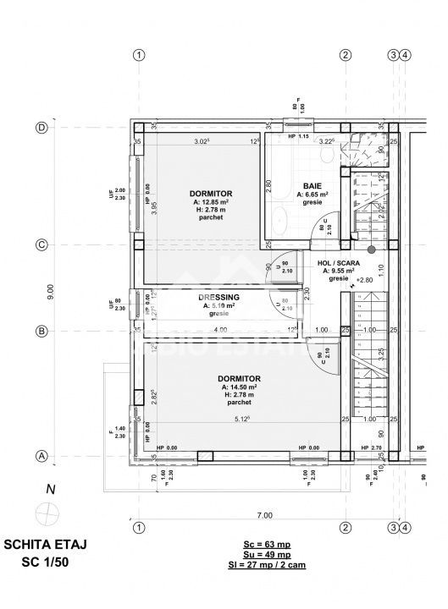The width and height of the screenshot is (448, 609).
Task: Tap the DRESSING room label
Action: (218, 297)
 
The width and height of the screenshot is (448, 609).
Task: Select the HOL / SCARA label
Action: (337, 263)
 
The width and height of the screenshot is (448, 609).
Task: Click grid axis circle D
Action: (40, 128)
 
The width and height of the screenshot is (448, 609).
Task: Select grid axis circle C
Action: (40, 246)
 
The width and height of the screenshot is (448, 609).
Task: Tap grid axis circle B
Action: (40, 331)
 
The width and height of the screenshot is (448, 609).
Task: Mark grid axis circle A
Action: (40, 457)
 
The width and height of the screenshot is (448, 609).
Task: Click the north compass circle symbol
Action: (46, 512)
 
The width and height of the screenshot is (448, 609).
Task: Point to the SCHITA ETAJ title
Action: (46, 546)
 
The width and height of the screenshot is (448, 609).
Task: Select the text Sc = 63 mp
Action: (265, 546)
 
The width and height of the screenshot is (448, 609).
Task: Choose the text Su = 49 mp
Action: (265, 555)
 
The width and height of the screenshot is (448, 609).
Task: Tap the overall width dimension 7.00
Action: (265, 514)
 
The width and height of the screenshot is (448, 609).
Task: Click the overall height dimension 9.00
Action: (50, 292)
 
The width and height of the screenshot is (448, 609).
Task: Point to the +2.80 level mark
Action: (364, 279)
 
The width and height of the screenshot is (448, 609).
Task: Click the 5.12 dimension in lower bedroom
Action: (242, 417)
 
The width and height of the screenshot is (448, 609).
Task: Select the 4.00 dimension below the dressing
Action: (220, 329)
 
